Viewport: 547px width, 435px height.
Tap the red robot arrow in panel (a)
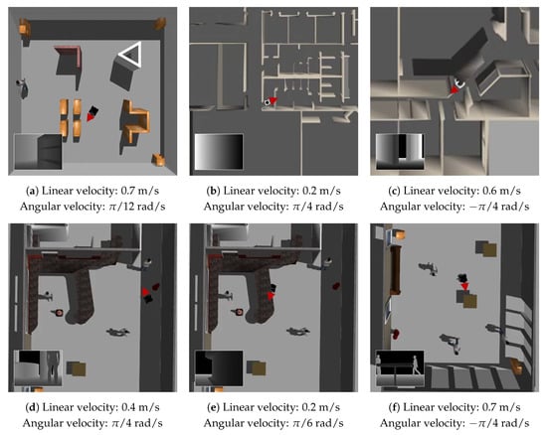(91, 117)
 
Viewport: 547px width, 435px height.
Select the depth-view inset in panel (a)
(38, 152)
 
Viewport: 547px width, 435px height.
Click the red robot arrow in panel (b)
(273, 100)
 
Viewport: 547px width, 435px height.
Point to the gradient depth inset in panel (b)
(219, 152)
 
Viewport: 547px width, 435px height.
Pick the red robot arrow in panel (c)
(454, 89)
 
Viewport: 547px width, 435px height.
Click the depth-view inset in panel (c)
(400, 152)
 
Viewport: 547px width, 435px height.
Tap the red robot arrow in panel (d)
(145, 292)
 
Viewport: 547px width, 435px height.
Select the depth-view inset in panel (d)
(38, 368)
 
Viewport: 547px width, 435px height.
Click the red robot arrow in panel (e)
(271, 295)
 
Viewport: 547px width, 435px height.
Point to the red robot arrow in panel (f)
(464, 286)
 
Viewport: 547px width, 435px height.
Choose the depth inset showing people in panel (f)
(400, 368)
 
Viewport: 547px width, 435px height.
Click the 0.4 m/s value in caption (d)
(140, 407)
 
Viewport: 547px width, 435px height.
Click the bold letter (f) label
(394, 407)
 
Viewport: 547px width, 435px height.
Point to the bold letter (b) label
(213, 191)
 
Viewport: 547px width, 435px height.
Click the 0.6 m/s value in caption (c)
(501, 191)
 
